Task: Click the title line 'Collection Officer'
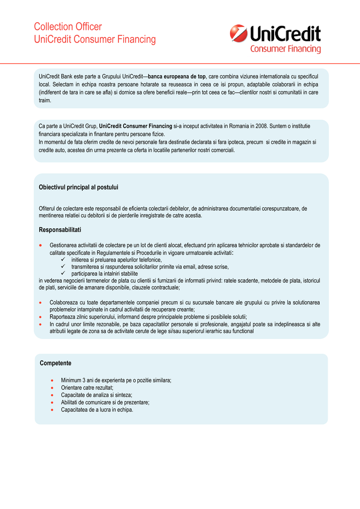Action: click(68, 27)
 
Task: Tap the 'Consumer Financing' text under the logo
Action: click(285, 49)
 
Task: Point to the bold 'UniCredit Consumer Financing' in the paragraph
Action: click(135, 126)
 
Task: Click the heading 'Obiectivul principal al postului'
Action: click(78, 187)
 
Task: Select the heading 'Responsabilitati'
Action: click(60, 229)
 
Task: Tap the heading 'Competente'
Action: click(55, 363)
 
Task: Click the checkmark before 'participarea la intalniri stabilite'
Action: click(63, 273)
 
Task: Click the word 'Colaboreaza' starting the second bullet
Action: click(64, 303)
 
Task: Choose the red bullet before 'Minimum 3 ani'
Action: click(52, 380)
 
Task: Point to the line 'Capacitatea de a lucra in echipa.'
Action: click(97, 410)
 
